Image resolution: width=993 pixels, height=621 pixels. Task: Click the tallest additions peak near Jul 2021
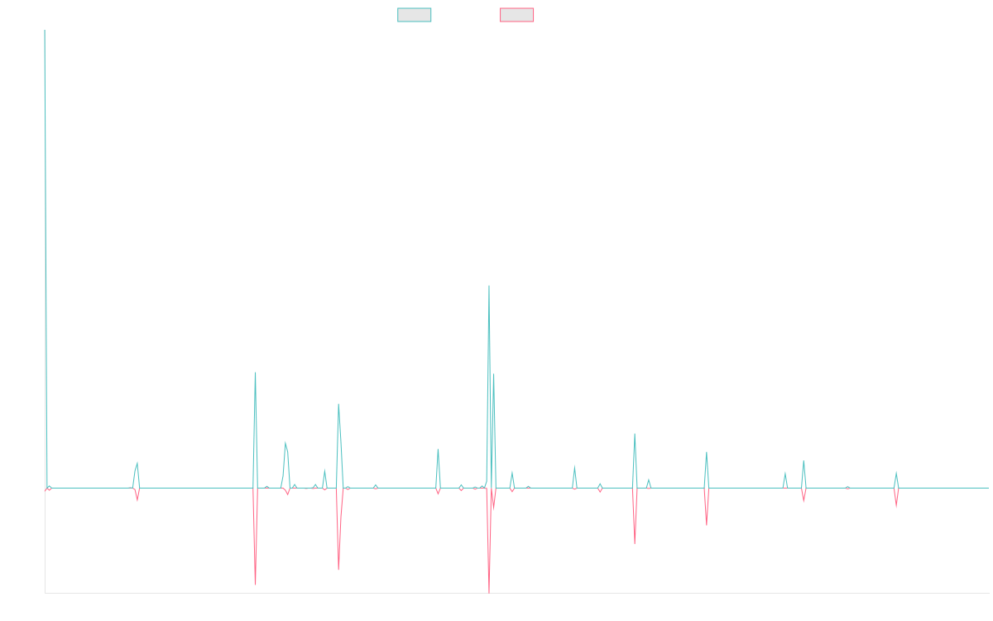point(489,286)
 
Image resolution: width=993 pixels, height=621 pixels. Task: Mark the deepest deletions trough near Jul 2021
point(489,591)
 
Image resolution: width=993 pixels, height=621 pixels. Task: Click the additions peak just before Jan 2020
point(255,373)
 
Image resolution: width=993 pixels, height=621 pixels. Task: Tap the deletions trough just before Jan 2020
point(255,585)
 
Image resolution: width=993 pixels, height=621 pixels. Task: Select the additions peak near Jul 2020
point(338,404)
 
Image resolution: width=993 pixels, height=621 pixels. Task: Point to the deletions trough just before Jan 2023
point(635,543)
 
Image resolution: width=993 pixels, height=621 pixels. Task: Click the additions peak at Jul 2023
point(706,452)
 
